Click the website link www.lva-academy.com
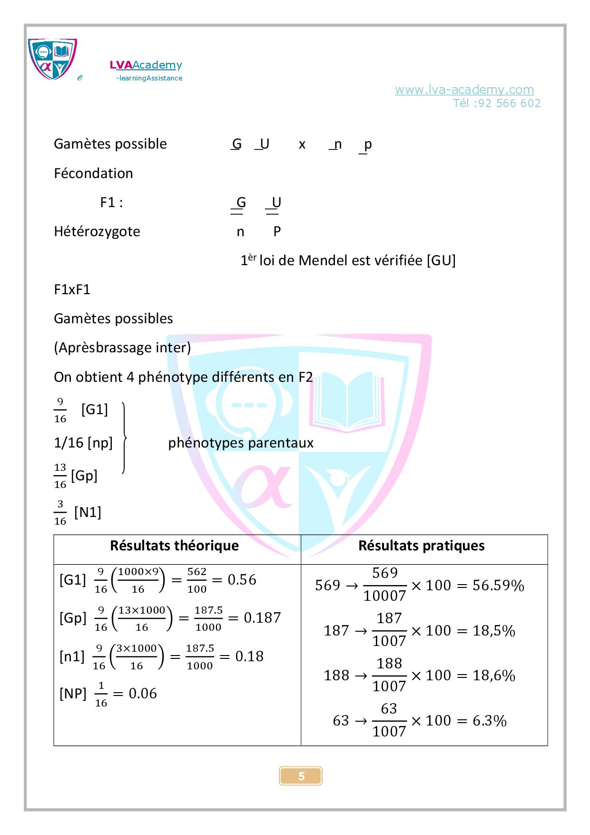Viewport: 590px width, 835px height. point(464,89)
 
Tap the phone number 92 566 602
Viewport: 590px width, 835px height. point(506,103)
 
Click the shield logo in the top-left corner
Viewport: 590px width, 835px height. point(52,59)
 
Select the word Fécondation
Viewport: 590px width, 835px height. point(93,173)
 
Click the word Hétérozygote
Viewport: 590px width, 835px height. point(97,232)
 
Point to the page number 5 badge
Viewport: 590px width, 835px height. point(301,776)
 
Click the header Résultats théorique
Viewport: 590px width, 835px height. point(174,546)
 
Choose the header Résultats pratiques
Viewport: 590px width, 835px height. point(421,546)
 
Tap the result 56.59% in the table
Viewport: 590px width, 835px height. point(498,586)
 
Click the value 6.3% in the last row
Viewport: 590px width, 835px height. point(490,721)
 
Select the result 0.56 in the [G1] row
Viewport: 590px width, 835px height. point(242,580)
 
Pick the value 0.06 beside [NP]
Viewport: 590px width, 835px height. point(143,694)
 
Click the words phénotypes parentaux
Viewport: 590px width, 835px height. point(241,443)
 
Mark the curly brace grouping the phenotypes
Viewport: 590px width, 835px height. point(124,438)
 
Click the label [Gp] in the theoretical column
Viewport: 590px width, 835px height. point(73,618)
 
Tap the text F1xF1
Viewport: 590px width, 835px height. point(72,289)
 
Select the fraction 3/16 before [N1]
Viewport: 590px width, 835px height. point(60,512)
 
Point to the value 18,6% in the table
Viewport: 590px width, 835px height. point(494,676)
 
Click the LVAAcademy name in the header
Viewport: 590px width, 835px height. point(146,65)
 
